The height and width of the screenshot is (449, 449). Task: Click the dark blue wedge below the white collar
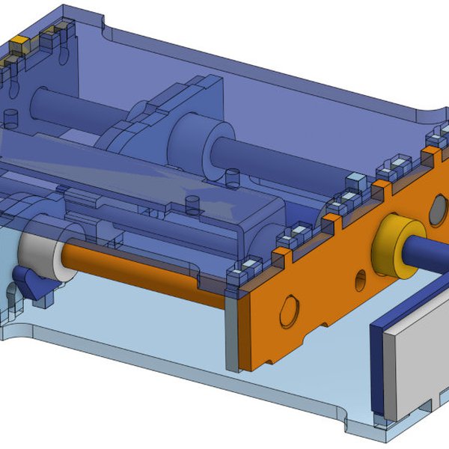click(32, 283)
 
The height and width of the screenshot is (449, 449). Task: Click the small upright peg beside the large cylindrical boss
click(231, 177)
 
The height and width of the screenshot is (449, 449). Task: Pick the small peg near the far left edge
click(10, 118)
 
